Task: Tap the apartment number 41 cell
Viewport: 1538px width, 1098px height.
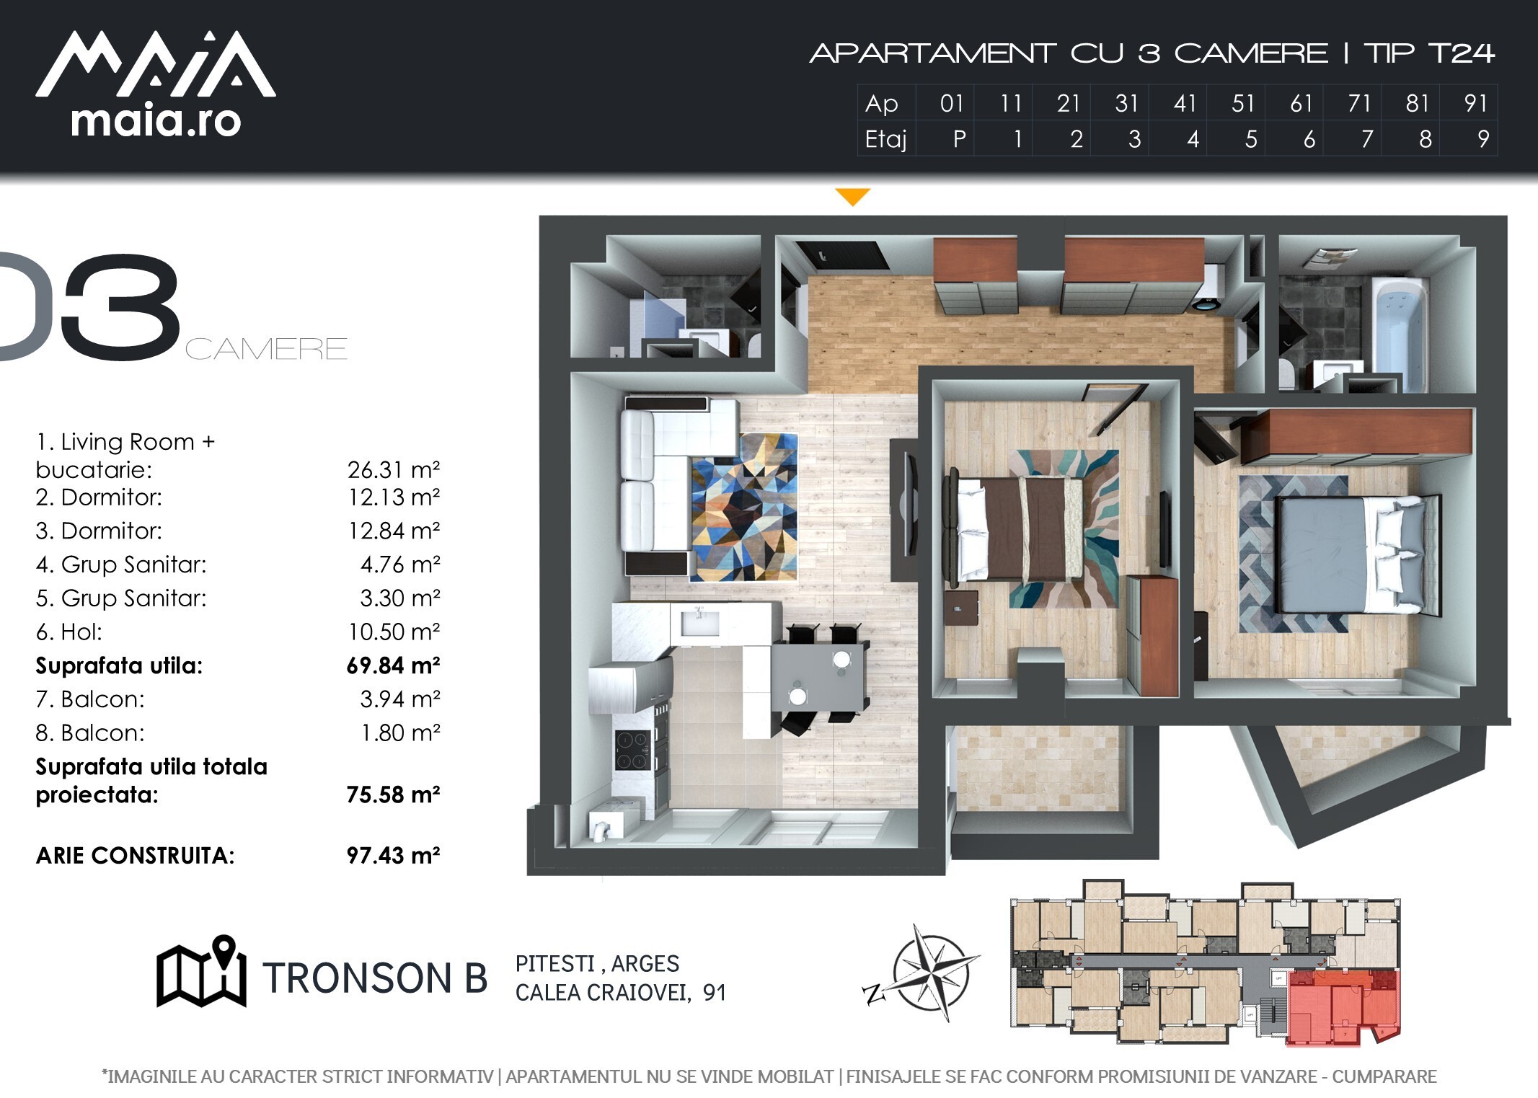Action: click(1185, 104)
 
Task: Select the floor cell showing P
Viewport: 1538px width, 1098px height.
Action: click(958, 139)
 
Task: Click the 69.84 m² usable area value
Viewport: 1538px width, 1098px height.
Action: click(393, 665)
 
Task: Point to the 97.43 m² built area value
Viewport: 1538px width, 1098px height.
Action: click(393, 856)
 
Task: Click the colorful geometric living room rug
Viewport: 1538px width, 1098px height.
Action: click(744, 508)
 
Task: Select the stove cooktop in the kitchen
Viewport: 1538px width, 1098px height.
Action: click(632, 750)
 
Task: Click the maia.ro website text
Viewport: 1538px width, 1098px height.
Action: click(156, 121)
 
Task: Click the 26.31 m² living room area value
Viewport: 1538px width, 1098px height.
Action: click(393, 470)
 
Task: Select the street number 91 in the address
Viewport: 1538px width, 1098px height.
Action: click(714, 993)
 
